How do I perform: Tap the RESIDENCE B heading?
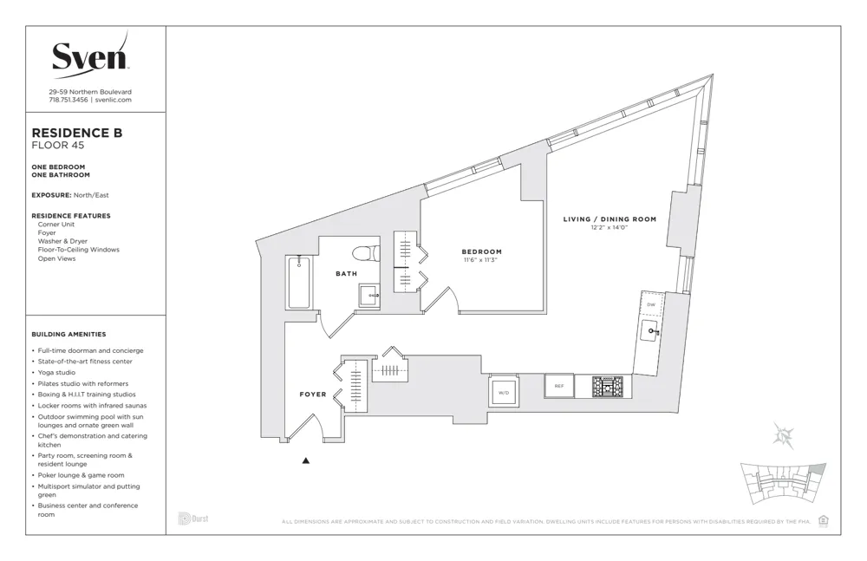click(76, 133)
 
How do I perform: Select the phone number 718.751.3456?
click(68, 100)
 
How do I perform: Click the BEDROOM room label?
click(481, 251)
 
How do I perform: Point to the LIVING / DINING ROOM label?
click(610, 219)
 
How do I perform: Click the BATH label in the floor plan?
click(346, 274)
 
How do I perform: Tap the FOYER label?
click(313, 395)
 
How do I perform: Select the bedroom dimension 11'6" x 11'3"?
click(481, 259)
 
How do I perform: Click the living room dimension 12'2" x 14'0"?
click(610, 228)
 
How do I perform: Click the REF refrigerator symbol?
click(559, 386)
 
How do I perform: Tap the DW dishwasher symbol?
click(651, 304)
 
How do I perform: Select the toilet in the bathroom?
click(365, 254)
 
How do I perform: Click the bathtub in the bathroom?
click(298, 282)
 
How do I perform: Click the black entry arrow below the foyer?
click(305, 461)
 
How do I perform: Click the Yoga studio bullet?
click(56, 373)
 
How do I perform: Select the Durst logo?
click(193, 519)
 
